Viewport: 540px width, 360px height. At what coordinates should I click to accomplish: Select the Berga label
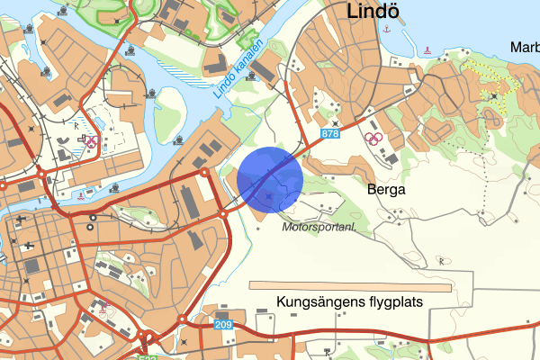(387, 190)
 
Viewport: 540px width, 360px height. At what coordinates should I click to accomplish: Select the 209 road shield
(224, 323)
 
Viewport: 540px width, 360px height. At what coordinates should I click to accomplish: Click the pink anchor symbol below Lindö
(387, 30)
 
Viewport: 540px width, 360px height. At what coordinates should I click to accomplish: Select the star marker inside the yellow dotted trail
(494, 94)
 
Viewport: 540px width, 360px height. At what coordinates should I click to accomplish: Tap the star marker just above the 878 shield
(336, 123)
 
